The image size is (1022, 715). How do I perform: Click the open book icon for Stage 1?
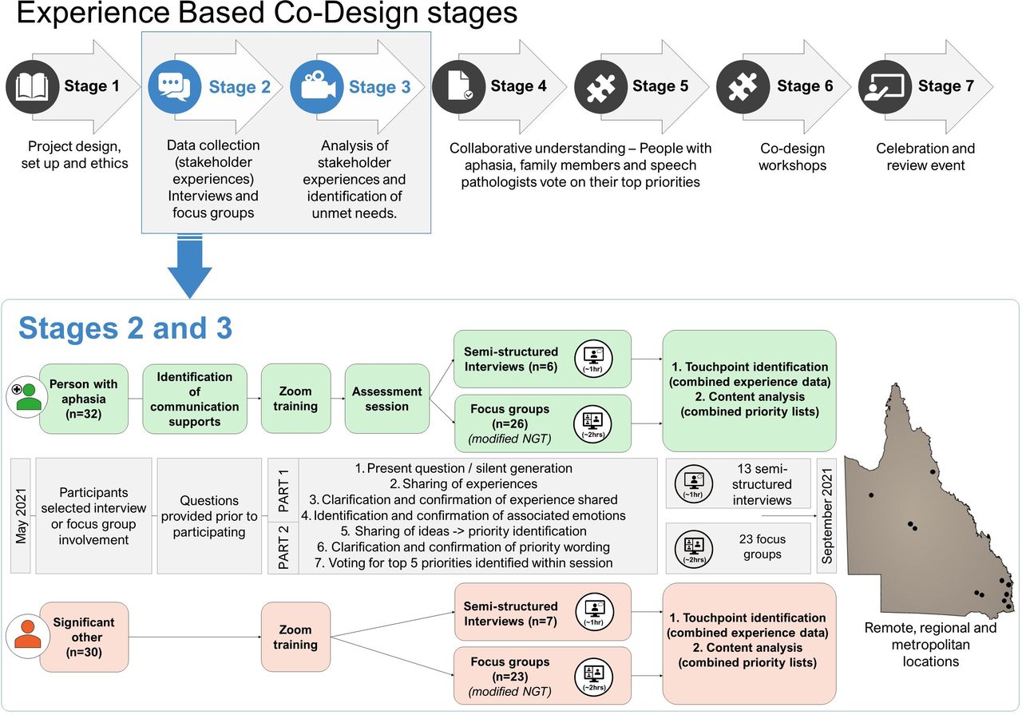32,87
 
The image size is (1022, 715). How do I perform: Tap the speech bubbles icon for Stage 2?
174,87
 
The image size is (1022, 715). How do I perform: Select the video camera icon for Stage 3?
317,87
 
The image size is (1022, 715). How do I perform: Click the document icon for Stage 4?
459,87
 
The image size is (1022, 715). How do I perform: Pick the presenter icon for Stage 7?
885,87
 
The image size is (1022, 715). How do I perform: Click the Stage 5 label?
660,85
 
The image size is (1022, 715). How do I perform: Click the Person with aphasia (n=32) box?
84,399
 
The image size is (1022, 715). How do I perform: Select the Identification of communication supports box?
195,399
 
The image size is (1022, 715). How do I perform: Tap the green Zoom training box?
295,399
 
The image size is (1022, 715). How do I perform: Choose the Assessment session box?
387,399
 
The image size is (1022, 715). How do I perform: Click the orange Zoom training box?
295,637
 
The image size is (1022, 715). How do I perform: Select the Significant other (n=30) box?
84,637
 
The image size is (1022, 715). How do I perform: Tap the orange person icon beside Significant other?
27,636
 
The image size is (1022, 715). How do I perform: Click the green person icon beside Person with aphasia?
27,397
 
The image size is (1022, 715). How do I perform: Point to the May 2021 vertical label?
21,516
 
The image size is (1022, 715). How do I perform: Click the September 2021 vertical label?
826,516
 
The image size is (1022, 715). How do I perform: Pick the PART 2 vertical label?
283,547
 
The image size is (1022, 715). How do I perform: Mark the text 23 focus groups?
763,546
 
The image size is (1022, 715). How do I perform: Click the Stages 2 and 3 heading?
125,328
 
